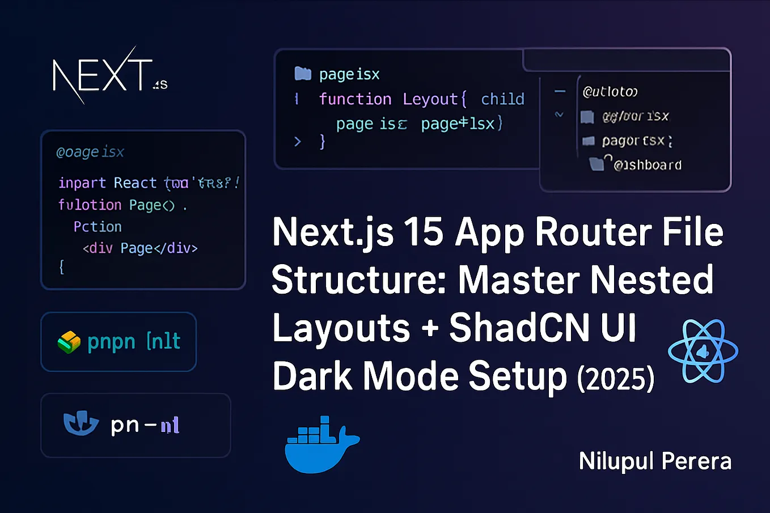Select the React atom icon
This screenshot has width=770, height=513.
coord(703,351)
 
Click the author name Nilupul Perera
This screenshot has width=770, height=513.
coord(655,461)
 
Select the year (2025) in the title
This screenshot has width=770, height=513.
coord(616,379)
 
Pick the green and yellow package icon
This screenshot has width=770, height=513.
coord(69,342)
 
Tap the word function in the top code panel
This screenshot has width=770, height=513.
coord(355,99)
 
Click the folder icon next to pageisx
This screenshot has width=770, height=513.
coord(303,74)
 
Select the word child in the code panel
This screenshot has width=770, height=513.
coord(502,99)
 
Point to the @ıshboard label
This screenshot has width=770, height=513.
coord(648,165)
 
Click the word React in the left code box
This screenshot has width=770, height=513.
coord(135,183)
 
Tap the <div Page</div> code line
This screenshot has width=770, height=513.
coord(140,248)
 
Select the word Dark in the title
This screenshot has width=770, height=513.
coord(312,376)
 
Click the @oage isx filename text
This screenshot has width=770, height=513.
coord(90,152)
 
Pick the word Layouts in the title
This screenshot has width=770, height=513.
coord(341,328)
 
